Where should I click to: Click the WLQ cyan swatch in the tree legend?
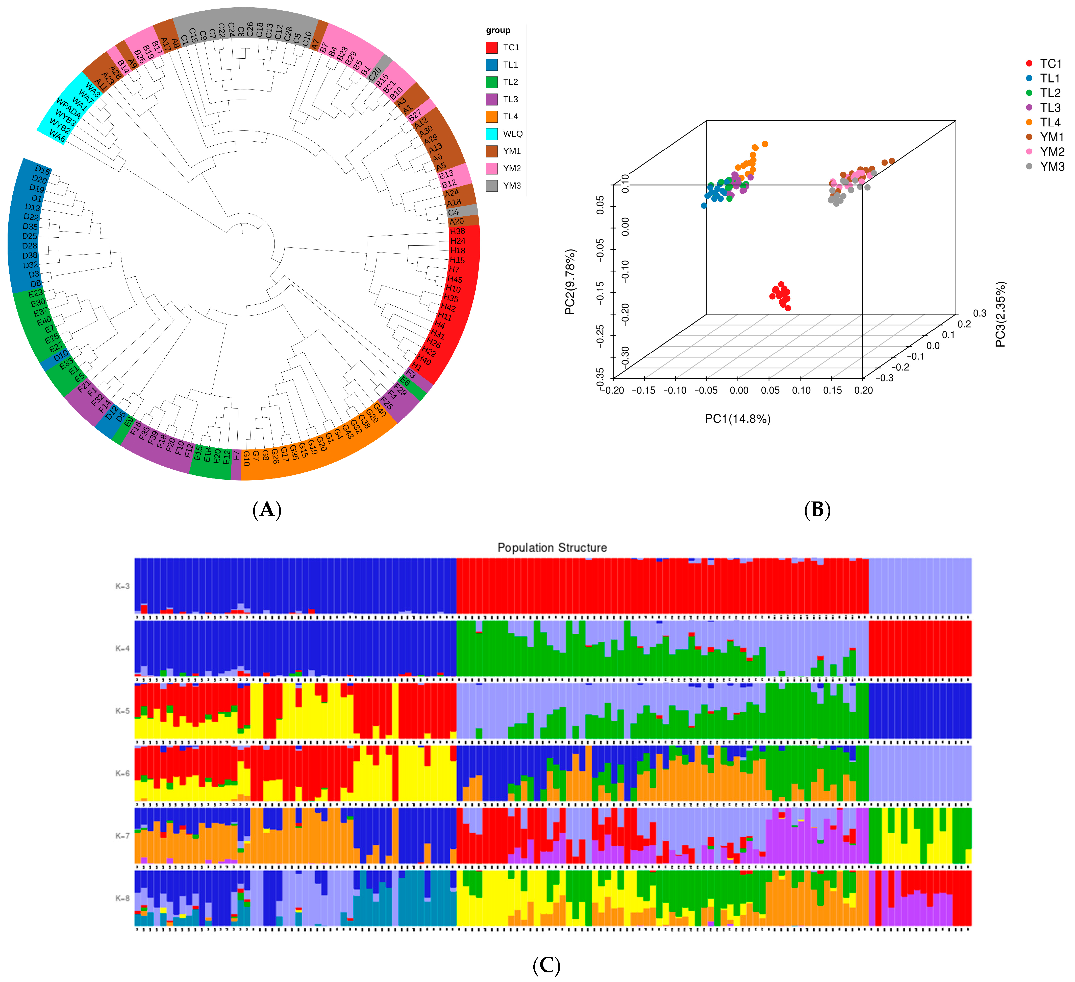pos(492,134)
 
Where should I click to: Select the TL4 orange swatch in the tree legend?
pos(492,116)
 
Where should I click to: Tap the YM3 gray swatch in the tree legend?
pos(492,186)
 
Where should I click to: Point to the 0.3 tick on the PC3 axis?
pos(980,313)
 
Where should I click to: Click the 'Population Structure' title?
pos(552,547)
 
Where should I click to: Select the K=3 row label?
pos(123,586)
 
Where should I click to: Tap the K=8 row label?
pos(123,898)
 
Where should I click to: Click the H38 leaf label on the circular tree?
pos(458,231)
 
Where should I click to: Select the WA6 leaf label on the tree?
pos(57,136)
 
